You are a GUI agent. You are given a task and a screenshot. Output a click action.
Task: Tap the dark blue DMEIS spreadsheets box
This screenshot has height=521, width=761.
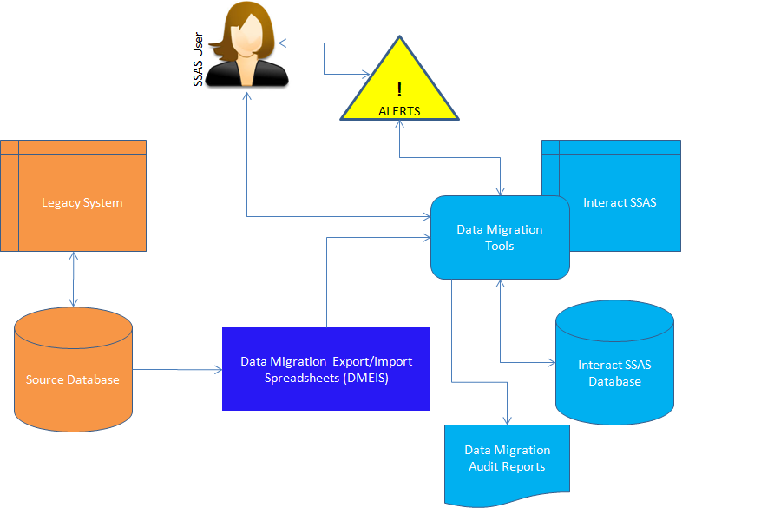(x=326, y=369)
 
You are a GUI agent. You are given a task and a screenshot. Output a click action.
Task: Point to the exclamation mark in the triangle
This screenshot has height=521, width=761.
(x=399, y=89)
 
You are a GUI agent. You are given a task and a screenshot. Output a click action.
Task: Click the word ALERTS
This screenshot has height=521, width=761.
(x=399, y=111)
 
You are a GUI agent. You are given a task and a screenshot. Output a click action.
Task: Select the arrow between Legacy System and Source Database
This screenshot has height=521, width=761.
(x=73, y=279)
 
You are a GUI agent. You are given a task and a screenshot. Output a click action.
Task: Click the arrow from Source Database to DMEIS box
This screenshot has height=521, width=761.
(x=177, y=370)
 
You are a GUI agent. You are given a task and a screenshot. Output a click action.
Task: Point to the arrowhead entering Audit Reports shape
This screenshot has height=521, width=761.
(x=507, y=420)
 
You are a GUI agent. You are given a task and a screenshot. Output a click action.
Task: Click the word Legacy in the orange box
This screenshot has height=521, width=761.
(x=60, y=202)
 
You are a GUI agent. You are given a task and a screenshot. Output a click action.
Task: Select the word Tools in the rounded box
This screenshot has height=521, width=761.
(x=500, y=246)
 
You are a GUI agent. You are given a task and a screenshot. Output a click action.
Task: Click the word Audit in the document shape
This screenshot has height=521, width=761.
(x=484, y=466)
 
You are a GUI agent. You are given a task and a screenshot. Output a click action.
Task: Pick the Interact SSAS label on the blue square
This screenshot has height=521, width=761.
(x=620, y=202)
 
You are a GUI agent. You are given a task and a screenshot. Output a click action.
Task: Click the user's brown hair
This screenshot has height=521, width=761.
(x=227, y=30)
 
